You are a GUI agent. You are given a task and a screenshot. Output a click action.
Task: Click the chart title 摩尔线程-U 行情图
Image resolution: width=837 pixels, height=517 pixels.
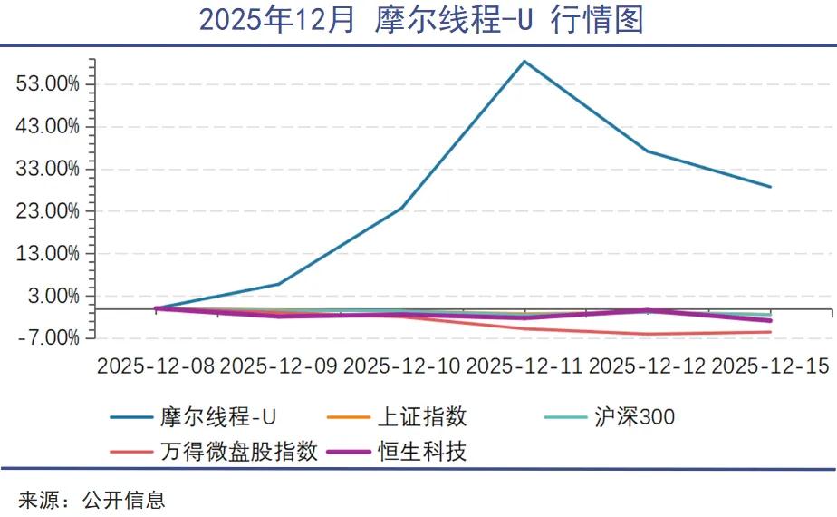click(x=420, y=20)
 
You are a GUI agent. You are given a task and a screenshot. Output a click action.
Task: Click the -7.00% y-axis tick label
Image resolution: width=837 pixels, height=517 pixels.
click(x=50, y=338)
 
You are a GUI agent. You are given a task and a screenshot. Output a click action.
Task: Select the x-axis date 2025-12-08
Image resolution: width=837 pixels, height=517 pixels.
click(x=156, y=366)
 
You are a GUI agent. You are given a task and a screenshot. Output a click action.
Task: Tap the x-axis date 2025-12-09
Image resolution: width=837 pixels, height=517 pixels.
click(x=279, y=366)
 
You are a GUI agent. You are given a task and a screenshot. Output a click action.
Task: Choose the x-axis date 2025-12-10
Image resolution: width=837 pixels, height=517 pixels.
click(x=402, y=366)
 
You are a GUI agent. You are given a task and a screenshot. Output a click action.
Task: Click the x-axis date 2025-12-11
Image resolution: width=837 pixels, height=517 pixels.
click(x=524, y=366)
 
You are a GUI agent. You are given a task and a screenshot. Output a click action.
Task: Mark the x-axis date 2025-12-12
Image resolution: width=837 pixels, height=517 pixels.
click(x=648, y=366)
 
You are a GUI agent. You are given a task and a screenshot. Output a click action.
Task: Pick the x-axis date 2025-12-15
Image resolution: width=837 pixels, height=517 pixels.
click(x=770, y=366)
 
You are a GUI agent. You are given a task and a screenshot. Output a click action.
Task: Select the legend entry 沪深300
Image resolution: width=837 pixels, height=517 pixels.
click(x=634, y=417)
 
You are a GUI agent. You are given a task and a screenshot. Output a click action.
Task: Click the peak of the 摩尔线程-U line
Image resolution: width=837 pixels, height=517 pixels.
click(x=524, y=61)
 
